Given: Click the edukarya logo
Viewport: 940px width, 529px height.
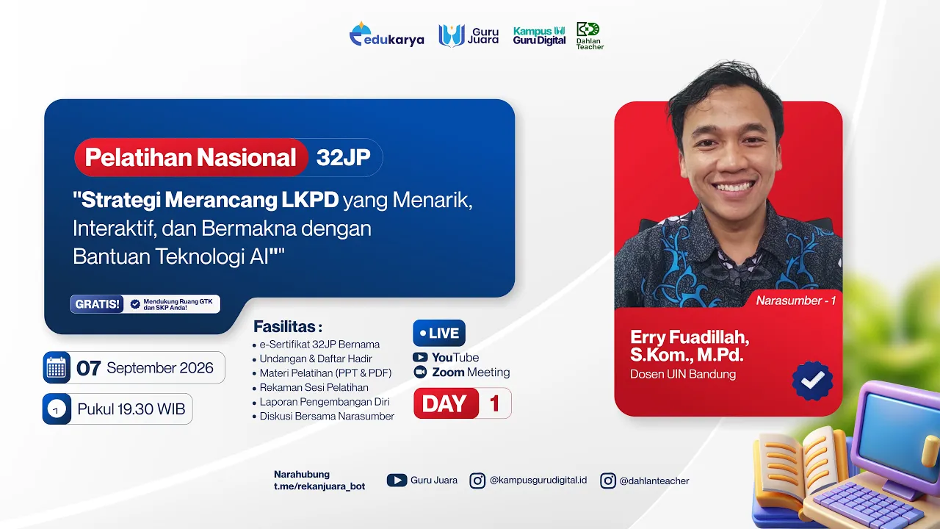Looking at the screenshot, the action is (386, 35).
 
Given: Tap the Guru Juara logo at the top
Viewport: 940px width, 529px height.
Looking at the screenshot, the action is (469, 35).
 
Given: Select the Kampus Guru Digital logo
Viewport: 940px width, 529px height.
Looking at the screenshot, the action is (539, 36).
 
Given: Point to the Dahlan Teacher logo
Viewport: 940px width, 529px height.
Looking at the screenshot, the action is (590, 36).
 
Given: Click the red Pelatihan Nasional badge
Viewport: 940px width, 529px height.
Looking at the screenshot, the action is (191, 157).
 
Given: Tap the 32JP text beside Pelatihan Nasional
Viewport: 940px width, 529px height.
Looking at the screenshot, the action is (343, 157).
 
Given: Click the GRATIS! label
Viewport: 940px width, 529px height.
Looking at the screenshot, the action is (97, 304).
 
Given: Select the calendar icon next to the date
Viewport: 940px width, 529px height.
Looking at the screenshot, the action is (57, 368).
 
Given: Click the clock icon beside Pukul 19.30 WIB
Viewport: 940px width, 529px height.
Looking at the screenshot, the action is (57, 409).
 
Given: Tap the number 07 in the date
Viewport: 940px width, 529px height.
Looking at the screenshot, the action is (88, 368).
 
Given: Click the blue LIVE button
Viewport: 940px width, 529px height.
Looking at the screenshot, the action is (439, 333).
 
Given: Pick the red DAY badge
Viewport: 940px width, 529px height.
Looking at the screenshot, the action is (446, 403).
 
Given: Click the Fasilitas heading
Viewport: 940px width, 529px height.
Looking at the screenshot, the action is (287, 327).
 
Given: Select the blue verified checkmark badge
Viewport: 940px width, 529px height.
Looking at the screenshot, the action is (812, 381).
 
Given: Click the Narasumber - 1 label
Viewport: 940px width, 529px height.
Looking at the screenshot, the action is (795, 301).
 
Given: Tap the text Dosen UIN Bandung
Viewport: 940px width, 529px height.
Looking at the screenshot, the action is (683, 374).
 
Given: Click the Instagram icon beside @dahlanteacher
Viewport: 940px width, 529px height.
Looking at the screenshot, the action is (607, 481).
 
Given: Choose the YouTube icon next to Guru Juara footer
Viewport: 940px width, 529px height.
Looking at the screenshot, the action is (397, 481).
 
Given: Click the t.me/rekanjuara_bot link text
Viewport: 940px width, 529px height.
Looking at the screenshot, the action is (319, 486).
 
